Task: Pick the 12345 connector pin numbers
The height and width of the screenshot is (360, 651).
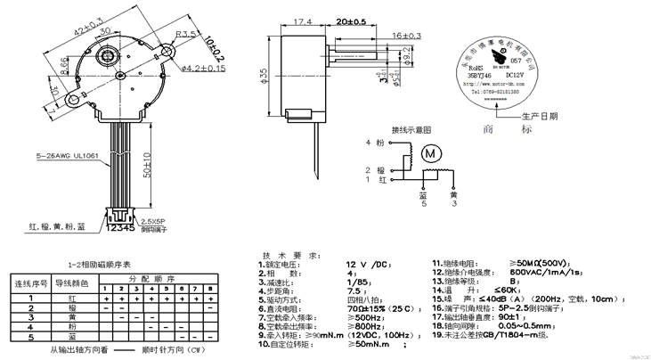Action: [x=120, y=228]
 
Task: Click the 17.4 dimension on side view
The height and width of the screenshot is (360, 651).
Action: [x=301, y=20]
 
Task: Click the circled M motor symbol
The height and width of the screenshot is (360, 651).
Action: [x=433, y=154]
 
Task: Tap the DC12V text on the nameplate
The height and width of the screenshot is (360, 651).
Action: [x=532, y=78]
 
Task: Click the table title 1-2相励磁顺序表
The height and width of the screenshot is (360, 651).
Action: [x=100, y=265]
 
